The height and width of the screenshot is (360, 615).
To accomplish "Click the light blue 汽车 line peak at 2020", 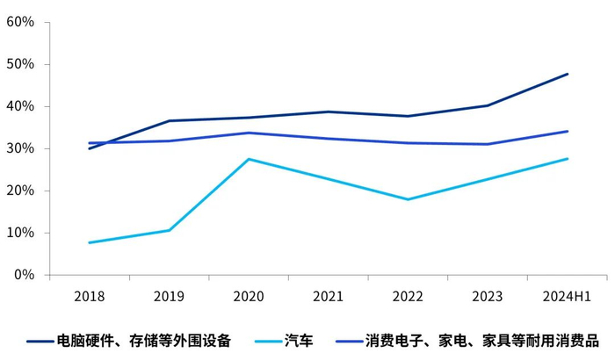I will (x=249, y=159).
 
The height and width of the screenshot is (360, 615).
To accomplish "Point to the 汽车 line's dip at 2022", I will (x=409, y=199).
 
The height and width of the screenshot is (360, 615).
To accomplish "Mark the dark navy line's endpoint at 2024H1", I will (x=568, y=74).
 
